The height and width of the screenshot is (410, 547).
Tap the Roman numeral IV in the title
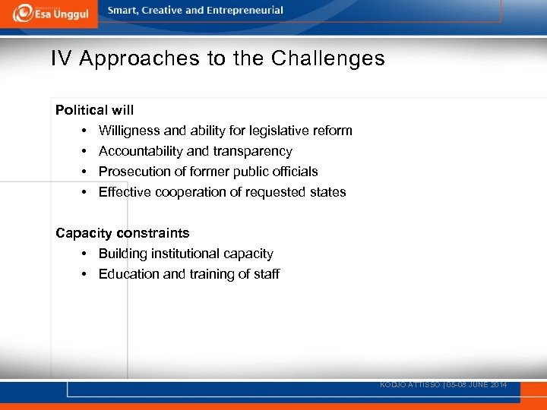pos(61,58)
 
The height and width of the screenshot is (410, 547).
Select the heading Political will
pos(94,110)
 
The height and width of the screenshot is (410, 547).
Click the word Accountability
pos(143,151)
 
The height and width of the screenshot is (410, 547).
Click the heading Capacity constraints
pos(122,233)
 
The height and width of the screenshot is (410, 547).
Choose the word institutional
pos(187,254)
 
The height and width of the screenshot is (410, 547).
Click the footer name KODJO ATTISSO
pos(408,385)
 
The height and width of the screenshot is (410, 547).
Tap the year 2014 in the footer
pos(498,385)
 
